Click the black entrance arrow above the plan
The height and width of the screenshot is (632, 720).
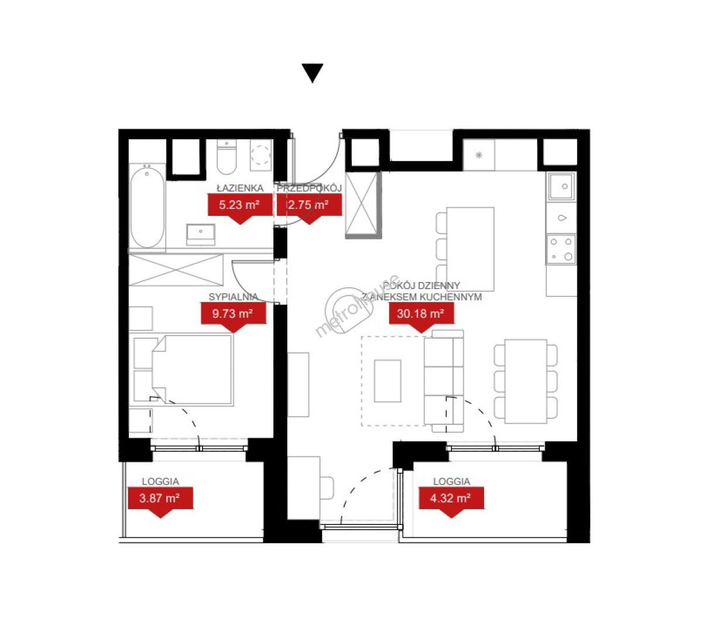(x=312, y=73)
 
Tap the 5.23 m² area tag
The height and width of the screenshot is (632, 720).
(x=240, y=208)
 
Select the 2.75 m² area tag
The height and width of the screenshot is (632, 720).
(x=309, y=208)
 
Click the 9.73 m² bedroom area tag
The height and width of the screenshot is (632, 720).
(x=233, y=317)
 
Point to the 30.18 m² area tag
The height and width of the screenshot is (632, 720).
(x=421, y=317)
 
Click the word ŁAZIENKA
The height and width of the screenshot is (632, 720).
(x=240, y=188)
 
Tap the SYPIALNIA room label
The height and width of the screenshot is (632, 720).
(x=233, y=297)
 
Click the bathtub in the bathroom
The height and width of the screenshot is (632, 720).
(x=147, y=208)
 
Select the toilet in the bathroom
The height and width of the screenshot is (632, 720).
(x=227, y=157)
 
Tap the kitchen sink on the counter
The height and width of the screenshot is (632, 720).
(x=561, y=187)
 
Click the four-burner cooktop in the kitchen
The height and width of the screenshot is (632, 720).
(x=561, y=249)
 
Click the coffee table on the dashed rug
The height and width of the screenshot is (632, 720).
(x=388, y=381)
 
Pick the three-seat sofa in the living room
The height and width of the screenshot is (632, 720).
(x=444, y=381)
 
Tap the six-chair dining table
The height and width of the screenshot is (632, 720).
(x=526, y=381)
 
